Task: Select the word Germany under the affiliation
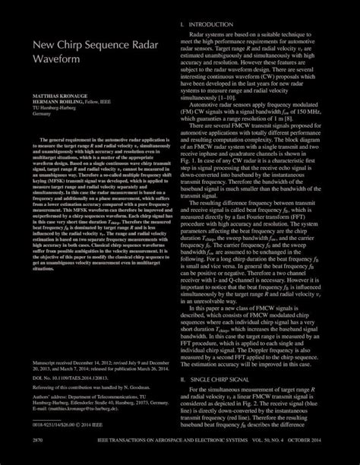pos(41,114)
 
